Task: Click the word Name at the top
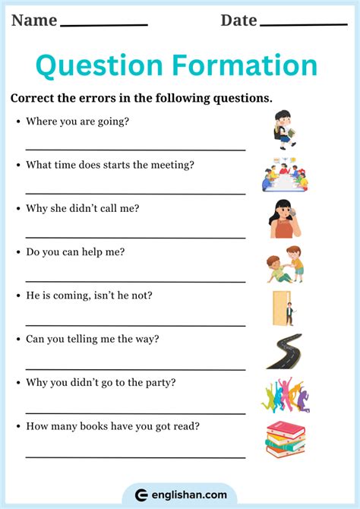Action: pyautogui.click(x=34, y=20)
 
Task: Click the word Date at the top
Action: pyautogui.click(x=238, y=20)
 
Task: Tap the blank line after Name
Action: pyautogui.click(x=103, y=25)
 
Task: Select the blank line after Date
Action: pyautogui.click(x=303, y=25)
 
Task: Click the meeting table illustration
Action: pyautogui.click(x=285, y=175)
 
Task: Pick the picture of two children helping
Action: pyautogui.click(x=285, y=264)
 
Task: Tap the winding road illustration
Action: pyautogui.click(x=284, y=351)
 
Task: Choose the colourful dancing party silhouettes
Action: pyautogui.click(x=286, y=396)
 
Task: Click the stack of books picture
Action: pyautogui.click(x=285, y=440)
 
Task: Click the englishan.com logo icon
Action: pyautogui.click(x=141, y=495)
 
